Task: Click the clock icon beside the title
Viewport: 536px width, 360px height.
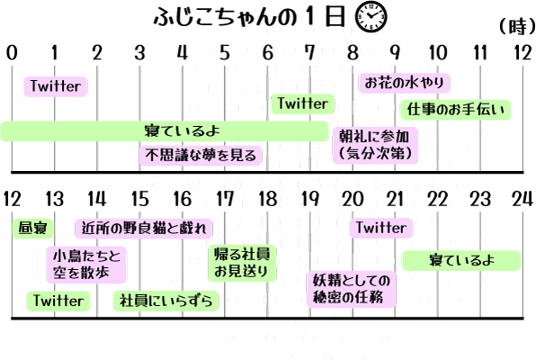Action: click(371, 17)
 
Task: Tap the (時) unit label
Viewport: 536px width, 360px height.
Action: click(516, 26)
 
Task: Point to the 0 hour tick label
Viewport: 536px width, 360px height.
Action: click(12, 53)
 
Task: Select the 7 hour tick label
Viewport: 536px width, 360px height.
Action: click(309, 53)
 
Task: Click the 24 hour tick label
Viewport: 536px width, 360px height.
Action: click(523, 199)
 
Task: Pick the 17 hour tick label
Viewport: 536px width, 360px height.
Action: click(225, 199)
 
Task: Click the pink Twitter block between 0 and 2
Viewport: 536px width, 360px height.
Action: click(56, 86)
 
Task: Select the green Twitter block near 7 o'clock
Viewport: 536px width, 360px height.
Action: click(302, 103)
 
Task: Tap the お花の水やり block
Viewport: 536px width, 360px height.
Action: click(405, 83)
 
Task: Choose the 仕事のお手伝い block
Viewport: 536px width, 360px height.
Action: click(456, 110)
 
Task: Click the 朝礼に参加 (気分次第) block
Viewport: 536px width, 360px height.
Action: click(375, 145)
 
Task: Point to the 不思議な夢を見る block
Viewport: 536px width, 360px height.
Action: click(201, 156)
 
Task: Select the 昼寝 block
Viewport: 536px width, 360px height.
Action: click(32, 229)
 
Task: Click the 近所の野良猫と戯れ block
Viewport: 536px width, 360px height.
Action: click(144, 229)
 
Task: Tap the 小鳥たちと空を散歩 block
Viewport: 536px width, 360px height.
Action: click(86, 265)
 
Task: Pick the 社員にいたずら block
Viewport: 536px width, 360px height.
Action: click(165, 301)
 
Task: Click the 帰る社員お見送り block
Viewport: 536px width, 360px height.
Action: click(242, 263)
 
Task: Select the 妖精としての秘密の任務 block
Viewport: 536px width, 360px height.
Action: click(352, 289)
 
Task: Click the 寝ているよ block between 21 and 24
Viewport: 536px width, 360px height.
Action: click(461, 260)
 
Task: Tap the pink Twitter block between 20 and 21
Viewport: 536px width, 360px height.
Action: click(381, 228)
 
